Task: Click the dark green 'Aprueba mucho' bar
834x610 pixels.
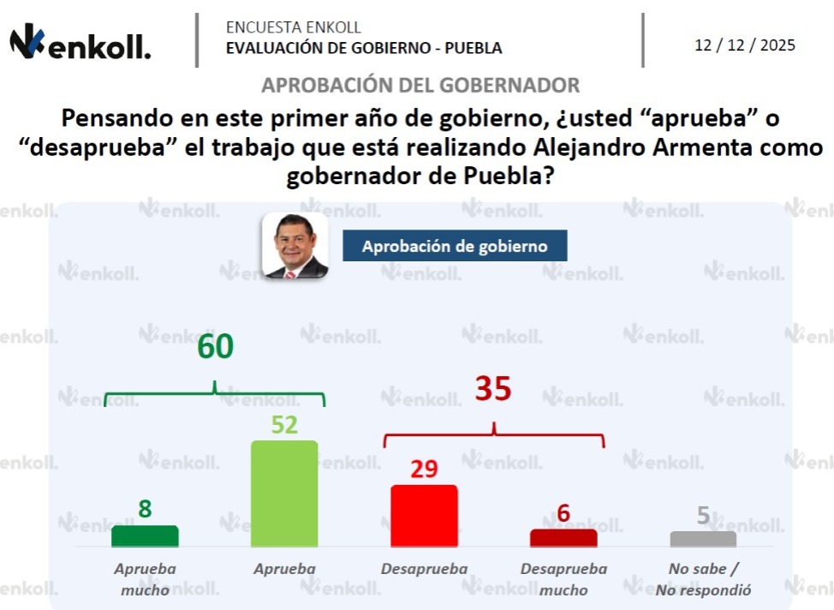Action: (x=145, y=535)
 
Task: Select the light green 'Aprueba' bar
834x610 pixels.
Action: (x=284, y=493)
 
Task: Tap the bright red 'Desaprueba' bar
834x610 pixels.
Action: (x=424, y=515)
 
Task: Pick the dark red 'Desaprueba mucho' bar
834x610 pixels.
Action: (x=563, y=537)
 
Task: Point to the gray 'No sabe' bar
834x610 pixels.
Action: (x=703, y=539)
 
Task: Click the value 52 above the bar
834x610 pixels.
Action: (x=284, y=425)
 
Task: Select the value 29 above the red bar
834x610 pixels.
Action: (x=424, y=469)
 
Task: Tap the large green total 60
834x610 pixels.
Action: (x=215, y=347)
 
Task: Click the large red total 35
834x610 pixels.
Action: (x=493, y=390)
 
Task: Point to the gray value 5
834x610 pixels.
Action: (x=703, y=516)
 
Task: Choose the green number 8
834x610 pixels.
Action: (x=145, y=509)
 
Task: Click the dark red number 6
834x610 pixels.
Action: (x=563, y=513)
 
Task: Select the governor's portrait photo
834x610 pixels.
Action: (x=295, y=245)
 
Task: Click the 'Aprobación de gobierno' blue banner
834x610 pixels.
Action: (x=455, y=246)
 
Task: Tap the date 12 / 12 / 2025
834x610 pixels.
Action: (x=744, y=45)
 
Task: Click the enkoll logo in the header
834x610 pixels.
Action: (x=80, y=42)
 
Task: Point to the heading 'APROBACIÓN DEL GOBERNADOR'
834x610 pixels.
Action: (x=420, y=86)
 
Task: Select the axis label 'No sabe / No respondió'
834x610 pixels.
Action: (x=703, y=579)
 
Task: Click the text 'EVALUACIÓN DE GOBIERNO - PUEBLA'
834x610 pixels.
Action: (x=364, y=48)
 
